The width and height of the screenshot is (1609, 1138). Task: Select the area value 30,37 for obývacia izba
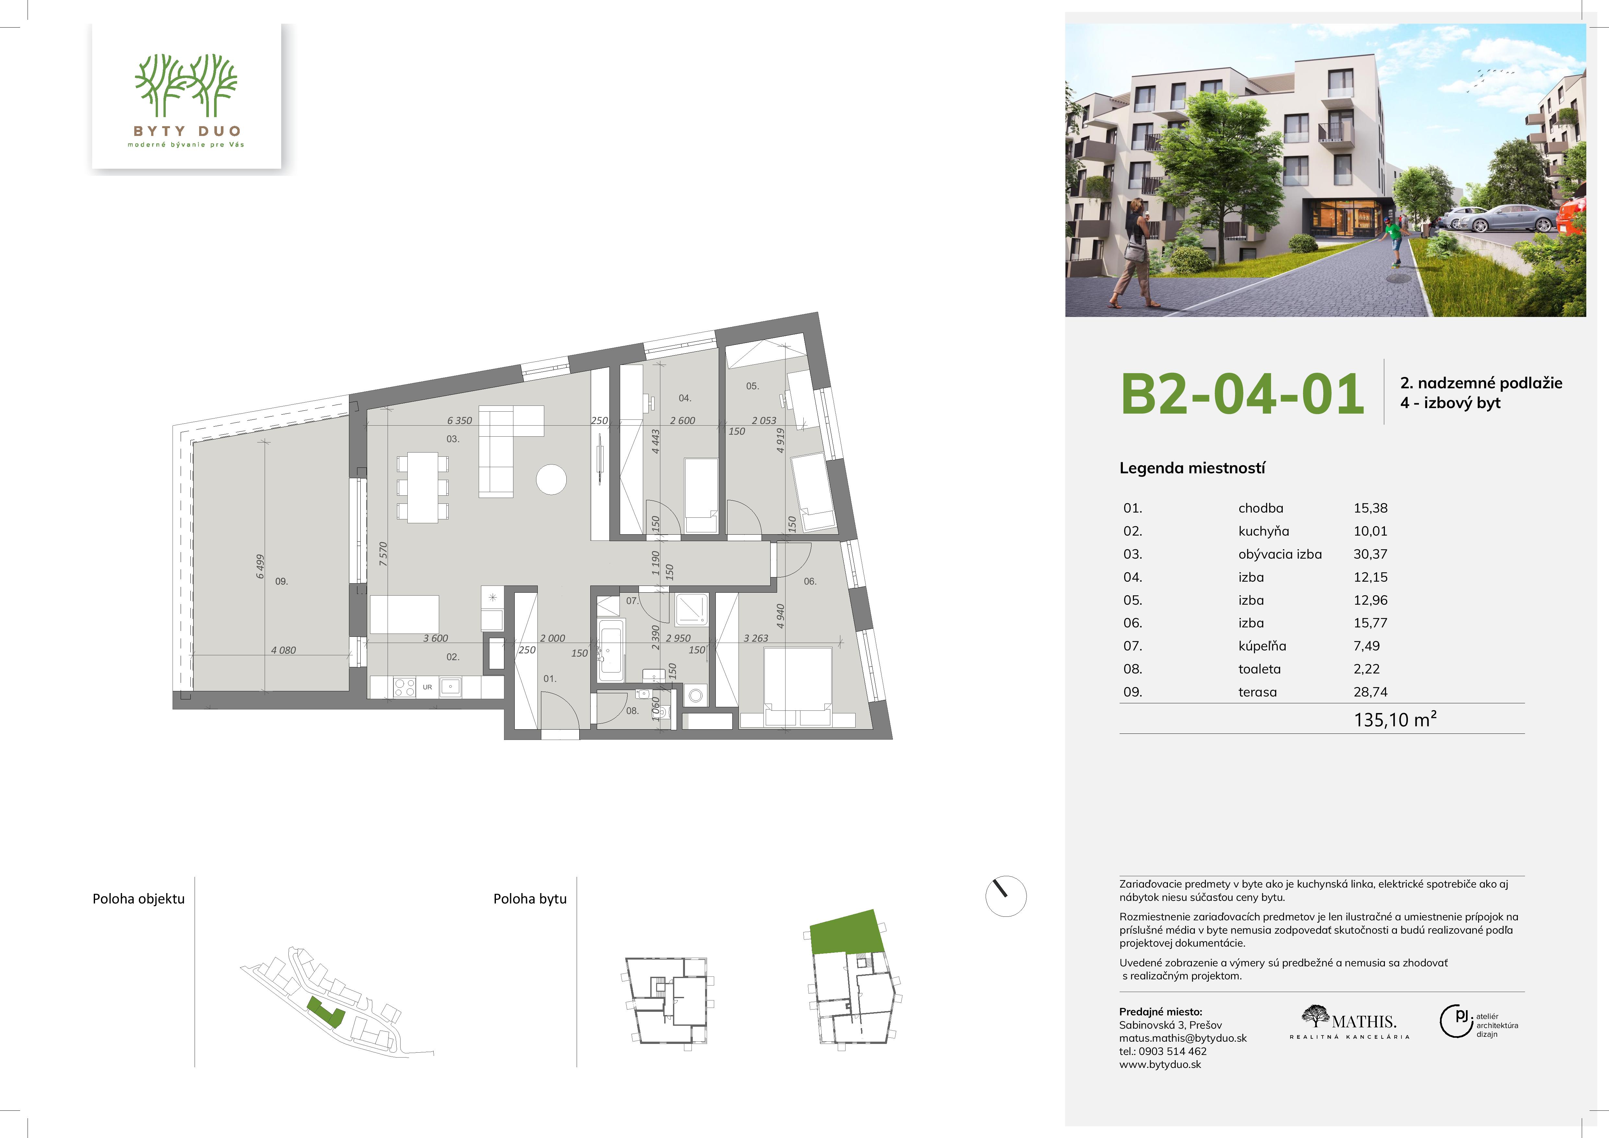(1370, 554)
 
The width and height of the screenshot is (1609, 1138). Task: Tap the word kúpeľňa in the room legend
(1262, 646)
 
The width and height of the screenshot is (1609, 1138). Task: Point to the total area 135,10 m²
(1395, 720)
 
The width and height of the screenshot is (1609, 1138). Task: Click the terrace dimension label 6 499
(260, 566)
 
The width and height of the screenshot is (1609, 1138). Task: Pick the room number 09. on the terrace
(282, 582)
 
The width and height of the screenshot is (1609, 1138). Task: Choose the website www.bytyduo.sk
(1160, 1064)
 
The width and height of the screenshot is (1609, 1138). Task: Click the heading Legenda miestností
(1192, 469)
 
